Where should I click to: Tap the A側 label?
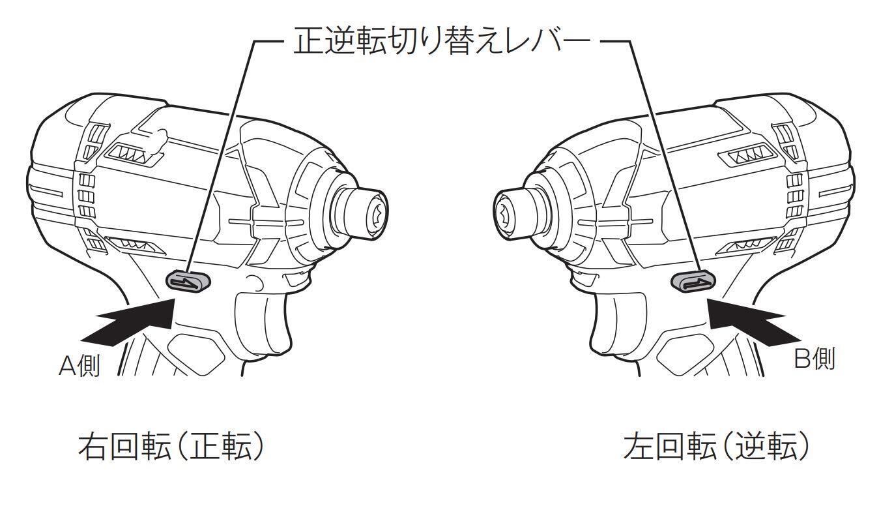[79, 366]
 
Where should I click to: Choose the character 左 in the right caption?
[637, 448]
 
